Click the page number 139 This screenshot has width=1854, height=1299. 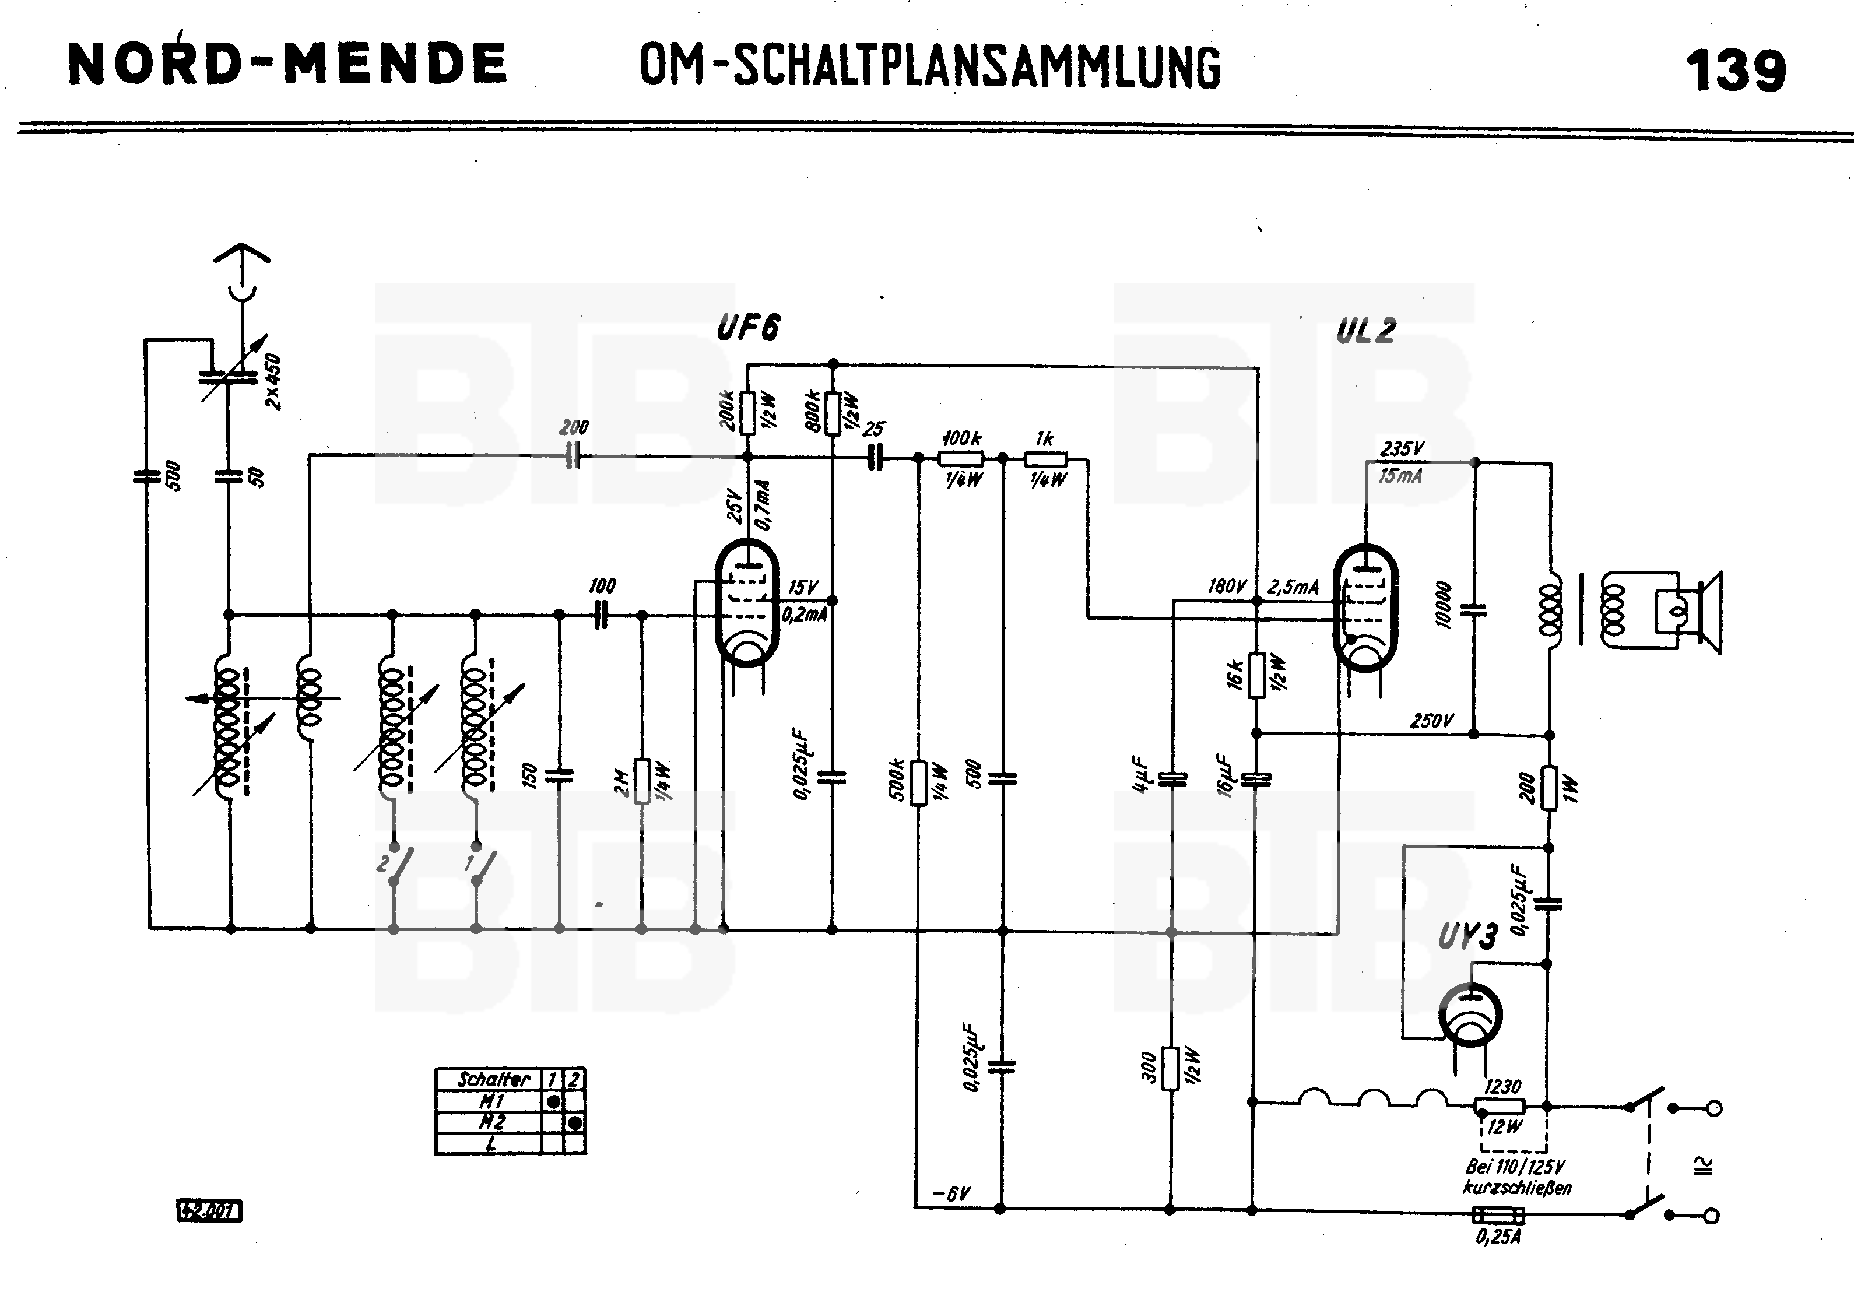coord(1736,71)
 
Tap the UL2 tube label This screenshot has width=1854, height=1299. coord(1365,331)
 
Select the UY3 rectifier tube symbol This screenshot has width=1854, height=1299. coord(1470,1015)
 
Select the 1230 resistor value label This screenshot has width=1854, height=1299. coord(1502,1087)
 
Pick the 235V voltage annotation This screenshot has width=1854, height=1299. coord(1402,449)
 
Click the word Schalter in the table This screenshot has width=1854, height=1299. coord(493,1079)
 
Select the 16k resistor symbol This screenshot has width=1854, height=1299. coord(1256,675)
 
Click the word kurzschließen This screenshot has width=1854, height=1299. coord(1517,1188)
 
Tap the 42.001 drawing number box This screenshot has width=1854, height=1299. coord(209,1211)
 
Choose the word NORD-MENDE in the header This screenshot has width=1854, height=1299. coord(287,65)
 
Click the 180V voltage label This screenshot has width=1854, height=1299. coord(1227,586)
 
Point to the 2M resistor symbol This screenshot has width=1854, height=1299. coord(642,781)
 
